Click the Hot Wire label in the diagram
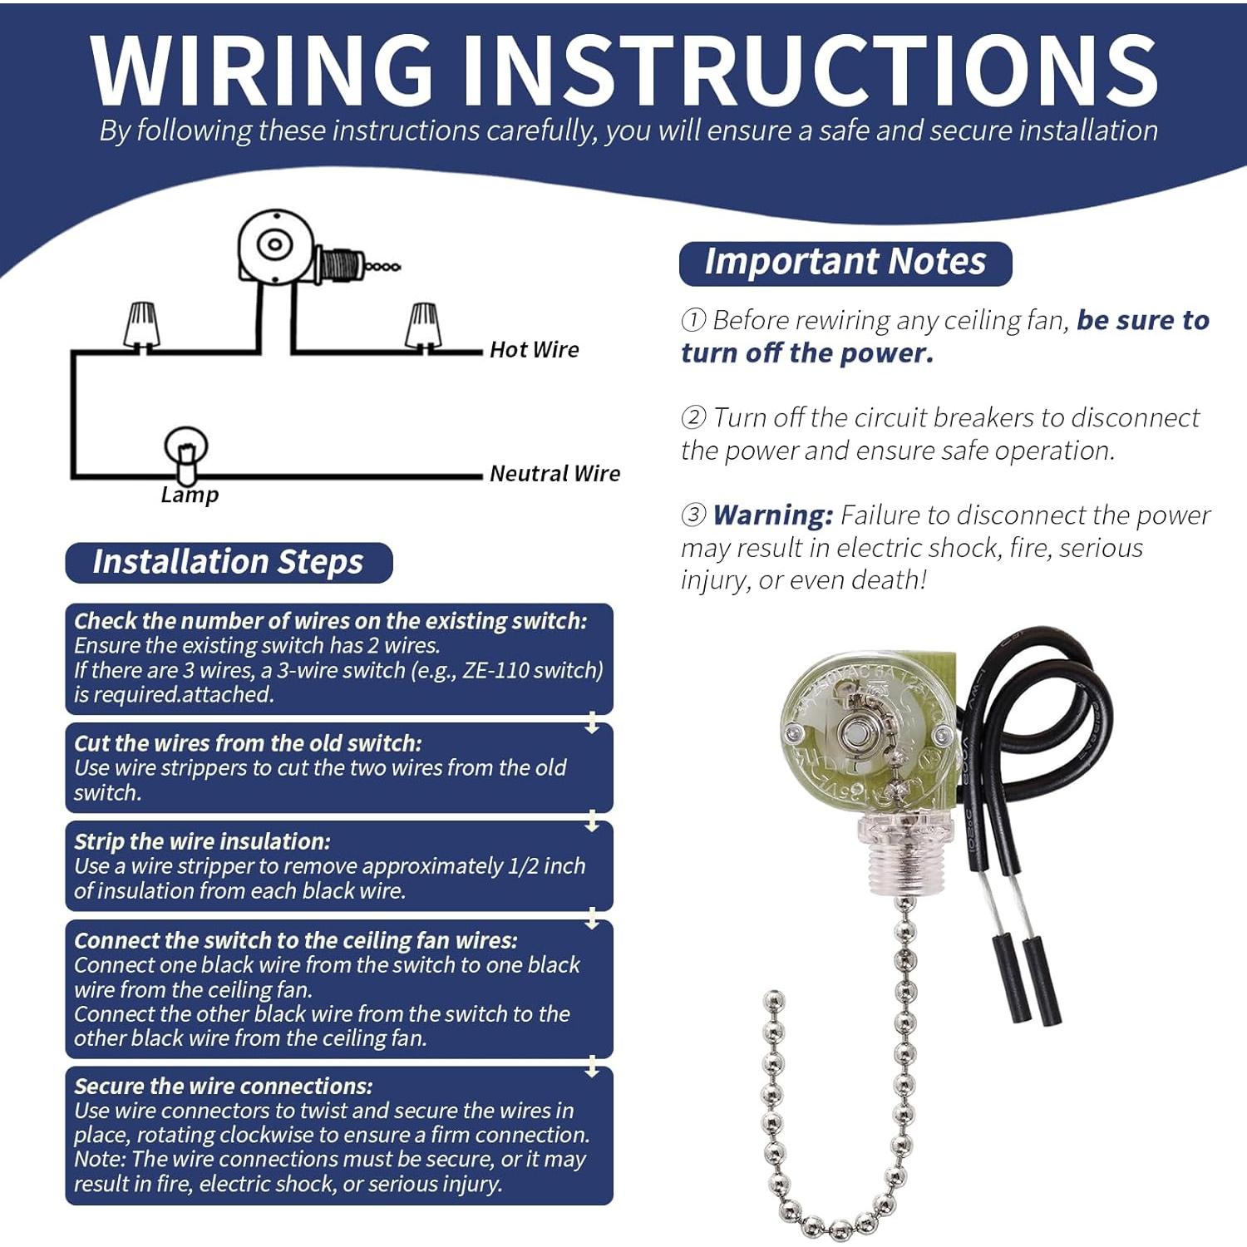(534, 349)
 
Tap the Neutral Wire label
(554, 473)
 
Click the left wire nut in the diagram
(141, 325)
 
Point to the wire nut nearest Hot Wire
(423, 325)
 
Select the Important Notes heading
(845, 262)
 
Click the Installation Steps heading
(228, 562)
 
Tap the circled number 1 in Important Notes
(693, 320)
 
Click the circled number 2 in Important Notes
(693, 417)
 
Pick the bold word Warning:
(772, 515)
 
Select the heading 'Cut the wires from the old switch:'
(248, 743)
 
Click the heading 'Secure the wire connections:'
(223, 1086)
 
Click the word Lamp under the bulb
(190, 495)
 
